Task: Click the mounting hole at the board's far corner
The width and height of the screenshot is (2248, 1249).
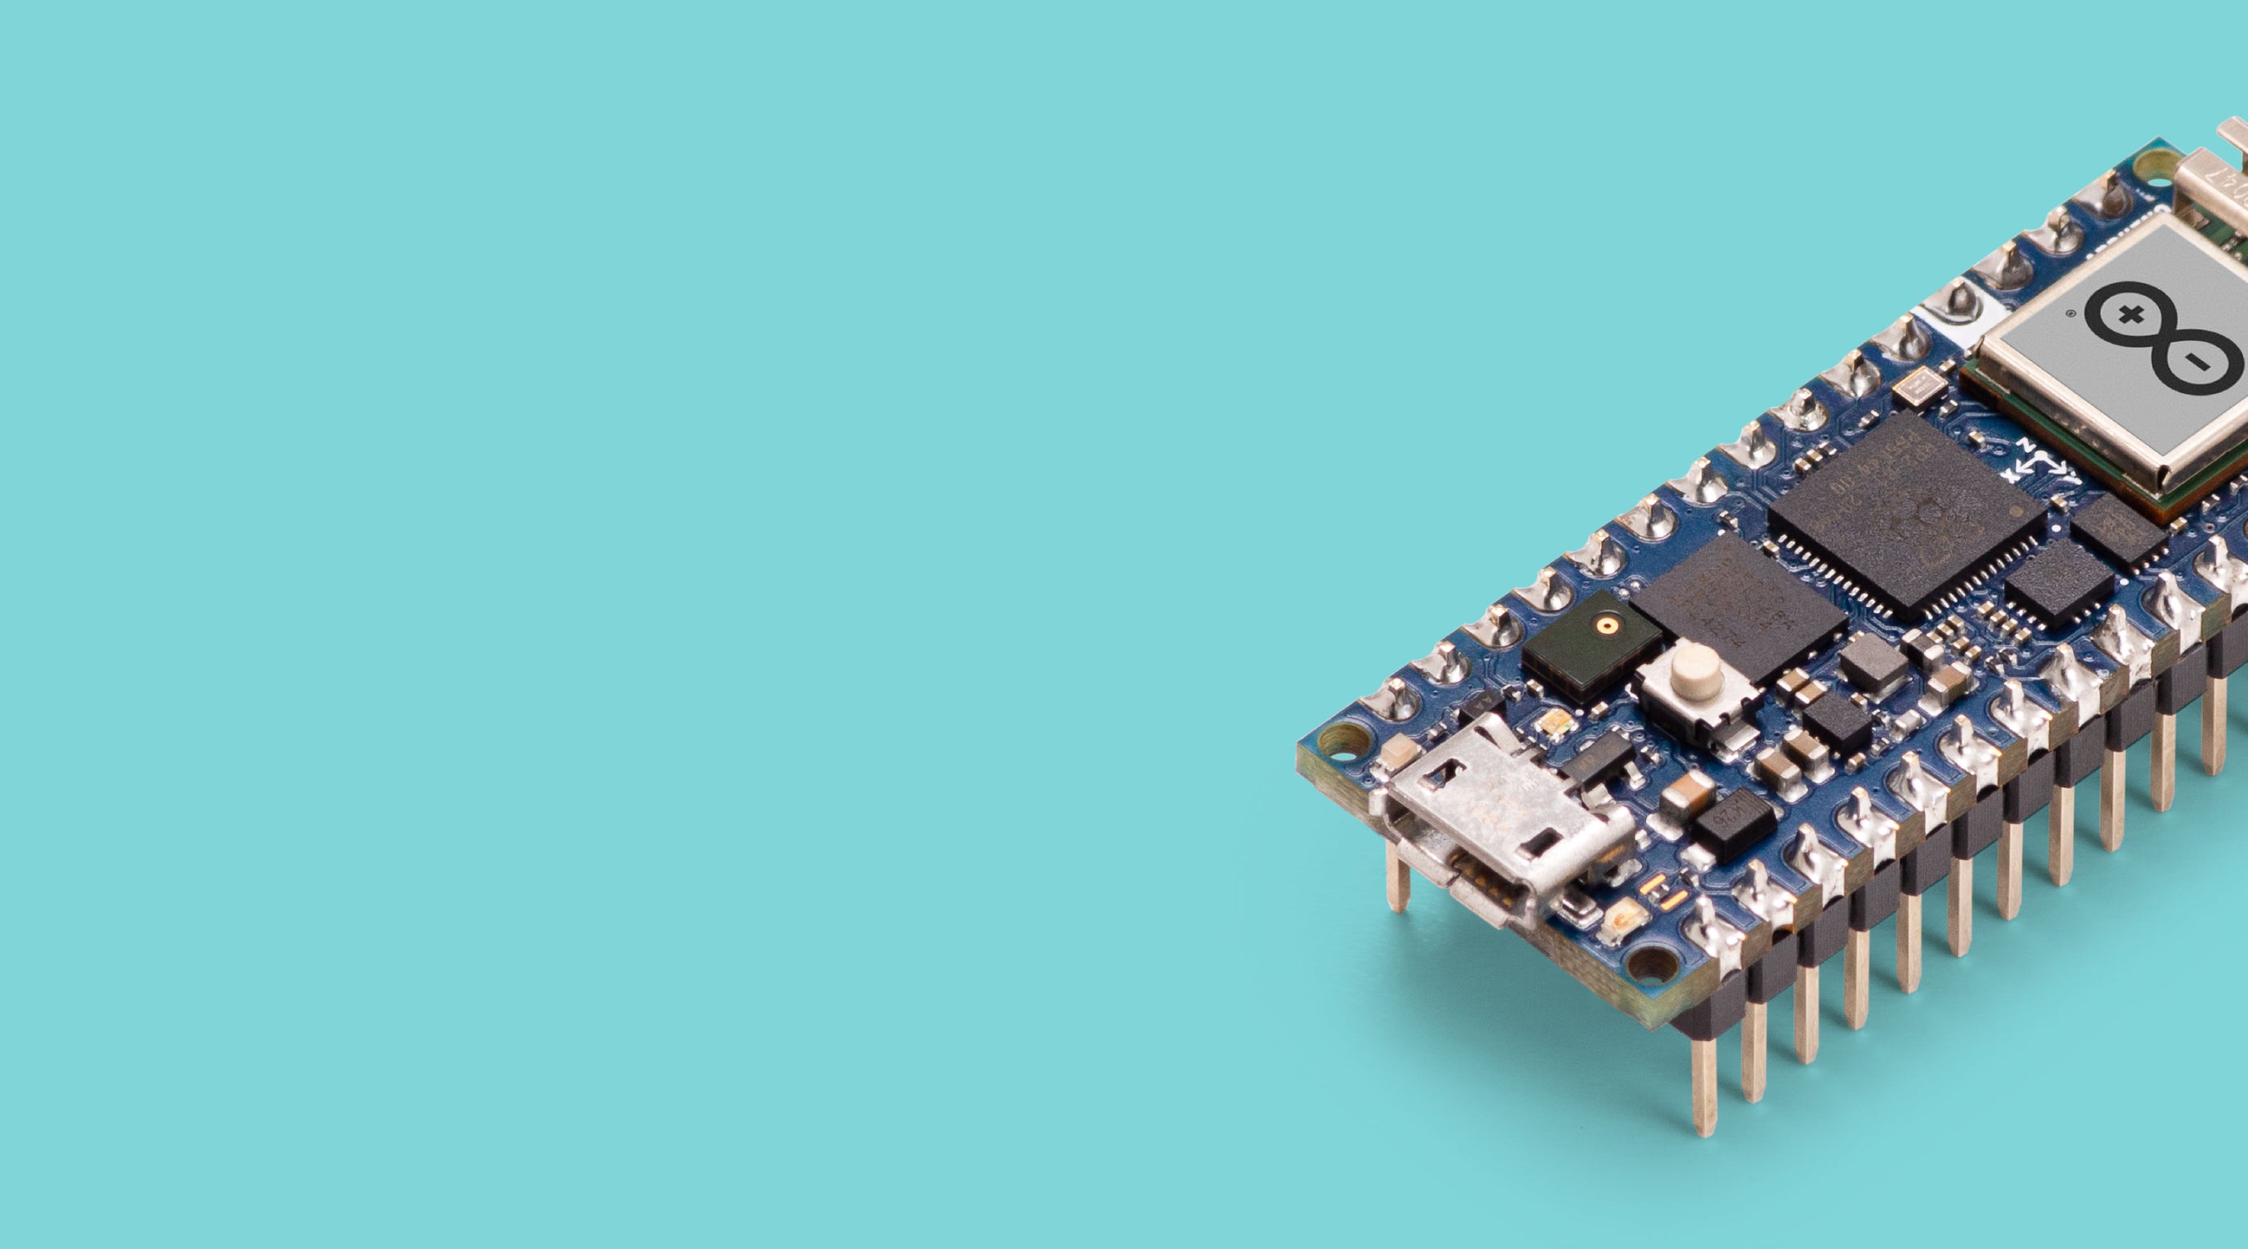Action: (x=2159, y=162)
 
